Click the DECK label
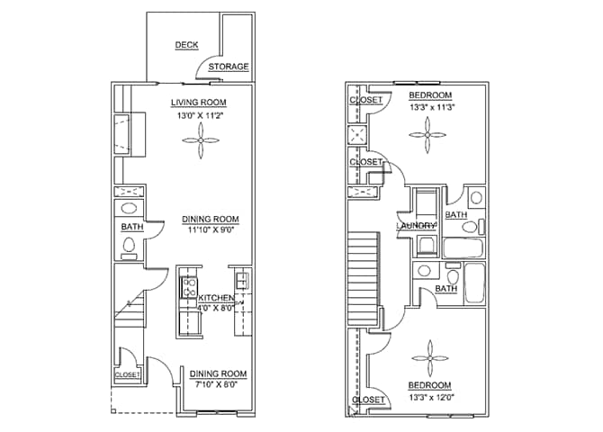(186, 45)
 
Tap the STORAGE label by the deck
(229, 67)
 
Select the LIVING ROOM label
(199, 103)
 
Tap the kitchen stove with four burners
(191, 288)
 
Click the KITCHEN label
(217, 298)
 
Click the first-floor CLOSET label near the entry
(127, 374)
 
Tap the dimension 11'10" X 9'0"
(210, 230)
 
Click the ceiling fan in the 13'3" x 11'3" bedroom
(428, 136)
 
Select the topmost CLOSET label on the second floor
(365, 100)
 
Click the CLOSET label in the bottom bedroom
(368, 400)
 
